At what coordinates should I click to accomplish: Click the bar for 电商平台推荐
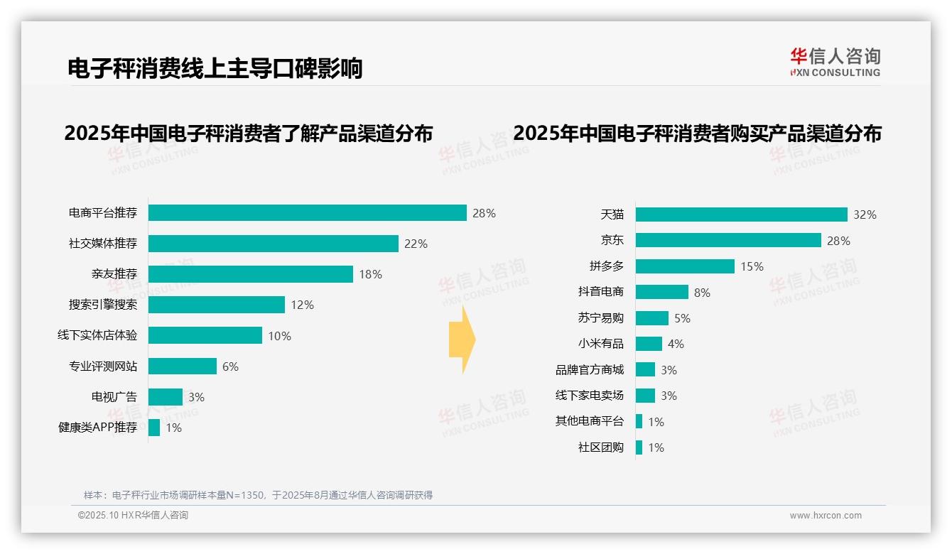tap(307, 213)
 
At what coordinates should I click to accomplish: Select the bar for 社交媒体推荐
tap(273, 244)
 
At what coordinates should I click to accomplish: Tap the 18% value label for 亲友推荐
tap(370, 274)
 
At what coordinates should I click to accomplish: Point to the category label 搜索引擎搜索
tap(103, 305)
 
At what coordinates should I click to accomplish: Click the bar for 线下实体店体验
tap(205, 335)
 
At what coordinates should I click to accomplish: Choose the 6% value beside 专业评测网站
tap(230, 366)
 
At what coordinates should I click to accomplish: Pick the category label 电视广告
tap(114, 397)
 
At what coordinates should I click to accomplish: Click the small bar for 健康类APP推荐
tap(154, 428)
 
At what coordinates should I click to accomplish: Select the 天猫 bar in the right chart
tap(741, 214)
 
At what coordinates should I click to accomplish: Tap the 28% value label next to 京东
tap(838, 241)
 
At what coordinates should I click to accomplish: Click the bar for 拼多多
tap(685, 266)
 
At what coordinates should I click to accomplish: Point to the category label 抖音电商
tap(600, 292)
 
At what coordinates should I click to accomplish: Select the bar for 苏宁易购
tap(651, 318)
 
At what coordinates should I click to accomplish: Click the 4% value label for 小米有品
tap(676, 344)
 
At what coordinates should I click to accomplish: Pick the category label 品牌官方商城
tap(589, 369)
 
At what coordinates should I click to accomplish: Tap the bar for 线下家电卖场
tap(645, 396)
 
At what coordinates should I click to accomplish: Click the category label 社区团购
tap(600, 447)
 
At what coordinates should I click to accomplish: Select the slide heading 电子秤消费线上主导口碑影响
tap(215, 68)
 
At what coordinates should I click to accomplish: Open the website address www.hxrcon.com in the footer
tap(825, 516)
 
